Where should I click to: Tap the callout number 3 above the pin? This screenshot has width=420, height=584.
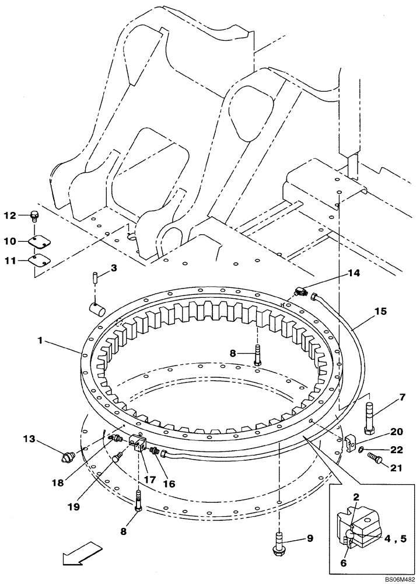114,268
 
